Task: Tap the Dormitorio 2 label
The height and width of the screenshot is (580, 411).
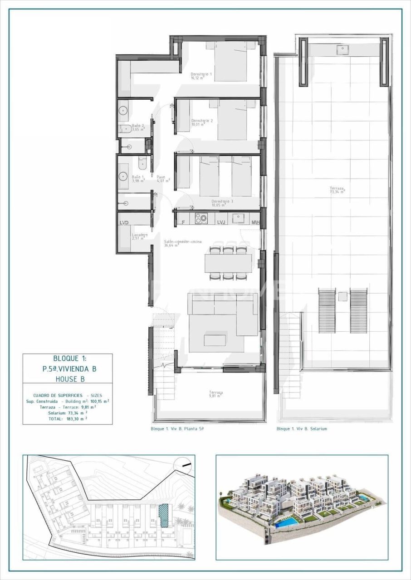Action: click(202, 121)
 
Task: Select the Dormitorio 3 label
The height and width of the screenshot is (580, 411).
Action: click(222, 202)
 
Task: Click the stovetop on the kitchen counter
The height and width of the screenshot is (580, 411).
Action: click(201, 218)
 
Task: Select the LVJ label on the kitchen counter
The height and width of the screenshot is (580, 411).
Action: click(221, 222)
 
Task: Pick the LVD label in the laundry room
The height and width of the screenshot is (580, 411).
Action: click(124, 222)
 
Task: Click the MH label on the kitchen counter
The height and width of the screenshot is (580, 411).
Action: click(255, 222)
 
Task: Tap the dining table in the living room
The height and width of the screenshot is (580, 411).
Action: click(228, 263)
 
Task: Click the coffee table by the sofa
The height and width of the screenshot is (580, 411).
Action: click(215, 340)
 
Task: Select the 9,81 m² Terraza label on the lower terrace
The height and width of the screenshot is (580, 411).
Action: click(215, 394)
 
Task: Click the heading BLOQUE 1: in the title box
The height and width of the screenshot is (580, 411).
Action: click(68, 358)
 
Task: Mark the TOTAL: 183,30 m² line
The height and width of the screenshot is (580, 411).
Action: click(68, 419)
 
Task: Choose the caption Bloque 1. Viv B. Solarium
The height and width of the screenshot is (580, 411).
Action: click(302, 429)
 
